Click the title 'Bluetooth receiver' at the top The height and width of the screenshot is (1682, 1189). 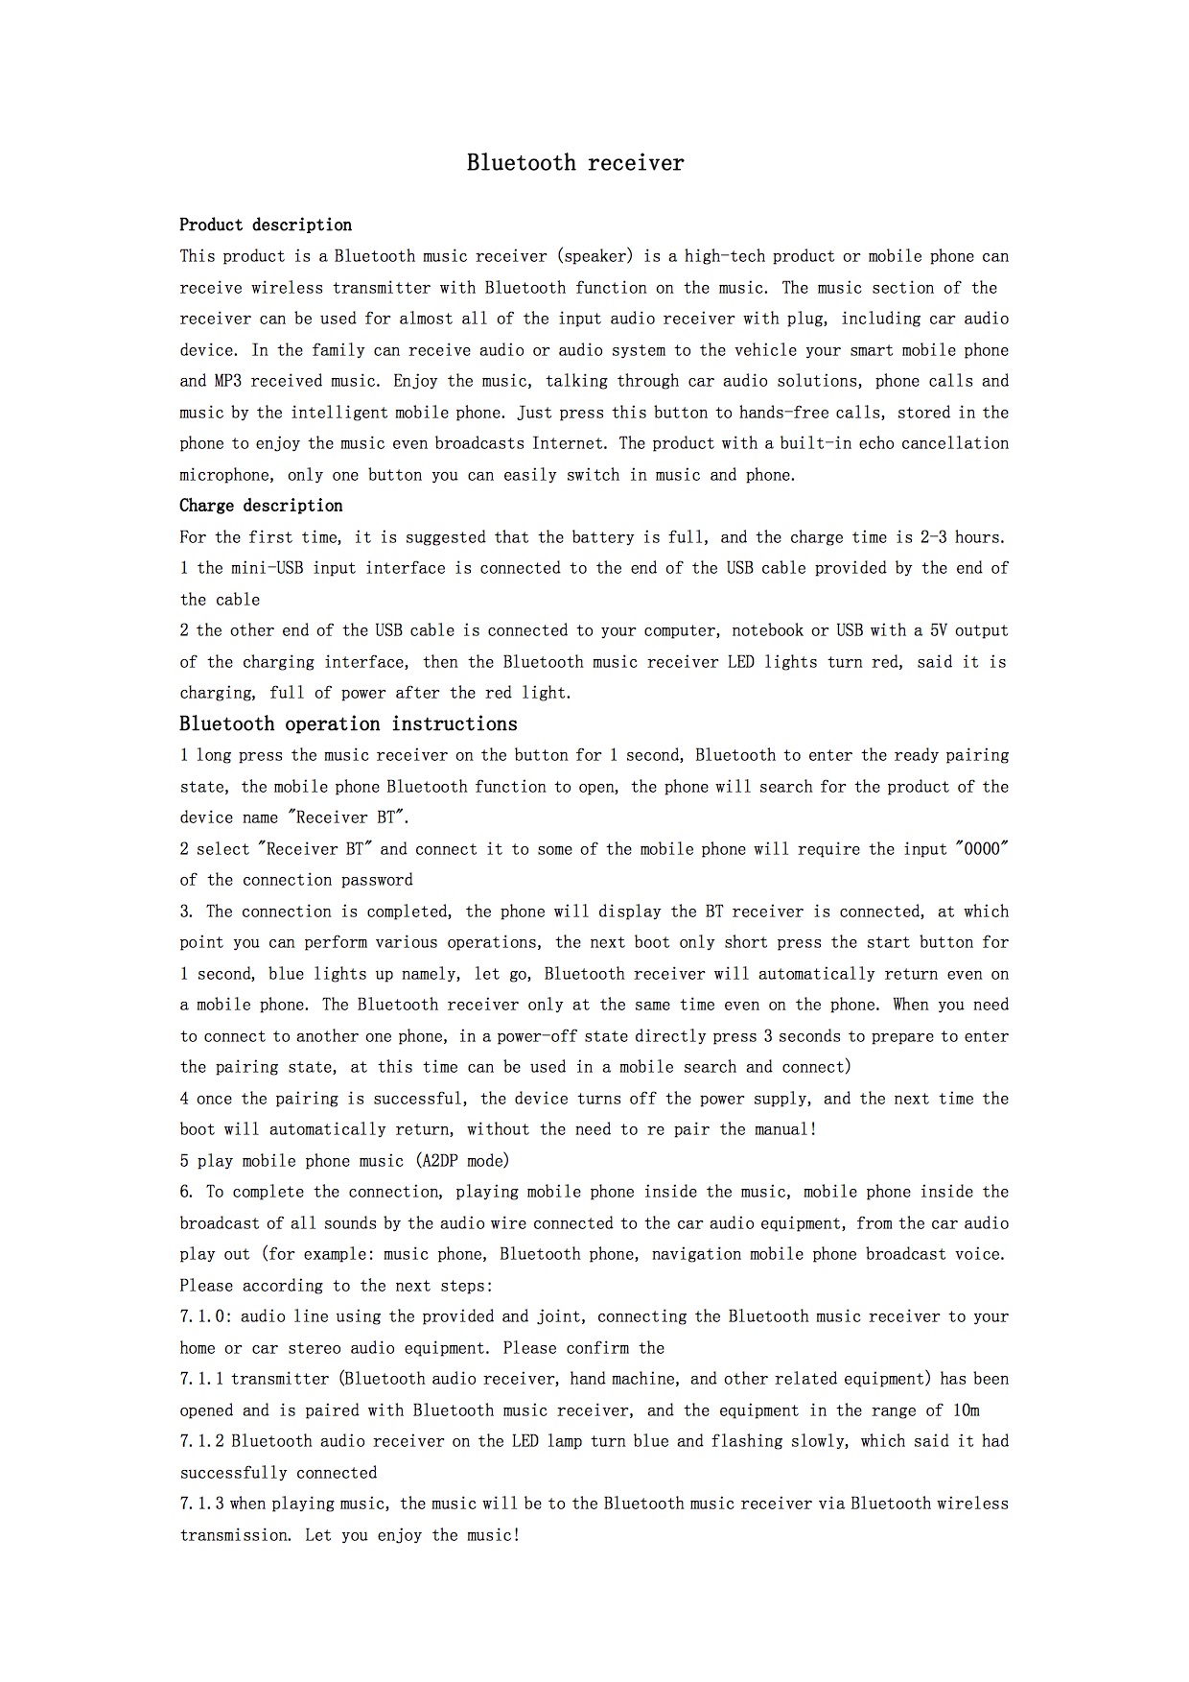pyautogui.click(x=575, y=163)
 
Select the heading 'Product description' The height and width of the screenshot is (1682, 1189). pyautogui.click(x=266, y=225)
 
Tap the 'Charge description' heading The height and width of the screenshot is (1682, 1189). pyautogui.click(x=261, y=506)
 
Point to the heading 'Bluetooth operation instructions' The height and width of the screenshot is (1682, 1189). pyautogui.click(x=348, y=723)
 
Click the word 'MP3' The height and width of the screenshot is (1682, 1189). pyautogui.click(x=228, y=381)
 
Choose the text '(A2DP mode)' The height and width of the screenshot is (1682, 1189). pyautogui.click(x=464, y=1161)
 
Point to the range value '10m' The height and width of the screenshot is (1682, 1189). pyautogui.click(x=967, y=1410)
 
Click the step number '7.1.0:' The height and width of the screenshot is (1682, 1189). pyautogui.click(x=205, y=1316)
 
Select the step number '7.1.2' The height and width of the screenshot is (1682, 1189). pyautogui.click(x=201, y=1441)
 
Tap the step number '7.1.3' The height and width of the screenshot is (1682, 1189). pyautogui.click(x=201, y=1504)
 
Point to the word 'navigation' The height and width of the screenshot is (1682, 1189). pyautogui.click(x=696, y=1254)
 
